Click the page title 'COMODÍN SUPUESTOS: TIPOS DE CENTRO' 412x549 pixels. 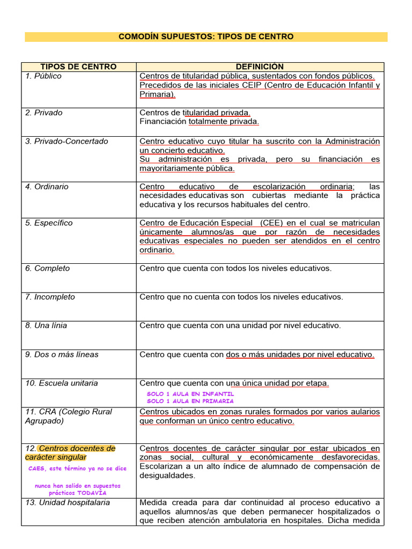205,37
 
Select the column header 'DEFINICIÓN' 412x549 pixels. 260,66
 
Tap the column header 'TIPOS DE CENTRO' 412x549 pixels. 78,66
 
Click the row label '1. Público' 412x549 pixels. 43,76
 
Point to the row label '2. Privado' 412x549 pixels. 43,113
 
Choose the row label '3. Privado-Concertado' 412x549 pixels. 67,142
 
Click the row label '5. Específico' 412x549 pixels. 49,223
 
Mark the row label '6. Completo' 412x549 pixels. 47,269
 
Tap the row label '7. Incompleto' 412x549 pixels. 50,297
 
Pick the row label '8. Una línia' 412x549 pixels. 46,325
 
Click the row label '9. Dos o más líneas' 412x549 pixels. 62,354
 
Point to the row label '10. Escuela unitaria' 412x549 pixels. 62,383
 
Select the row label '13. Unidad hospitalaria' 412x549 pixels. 68,502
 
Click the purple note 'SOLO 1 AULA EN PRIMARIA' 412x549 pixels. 190,400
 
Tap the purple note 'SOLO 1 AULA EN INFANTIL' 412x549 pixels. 190,394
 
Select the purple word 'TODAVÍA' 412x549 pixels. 92,493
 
